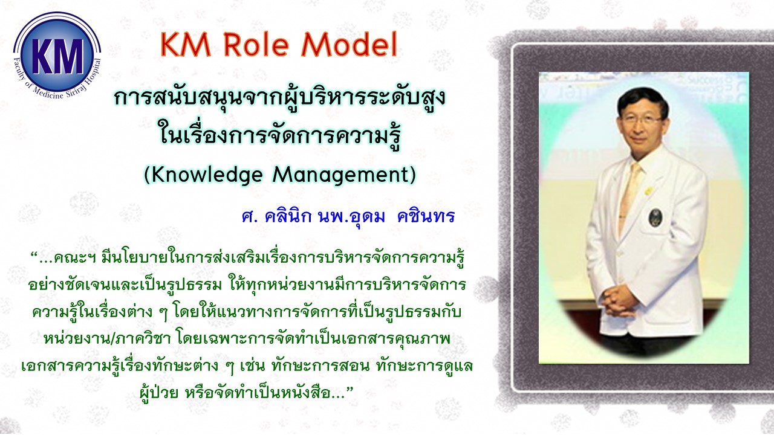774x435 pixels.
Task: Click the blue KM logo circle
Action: click(x=57, y=54)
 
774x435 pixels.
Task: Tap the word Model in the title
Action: click(x=349, y=45)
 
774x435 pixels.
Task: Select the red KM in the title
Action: click(x=186, y=45)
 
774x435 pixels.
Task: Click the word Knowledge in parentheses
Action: click(x=207, y=175)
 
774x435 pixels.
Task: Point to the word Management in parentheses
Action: click(x=340, y=175)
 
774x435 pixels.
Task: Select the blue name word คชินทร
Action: click(x=426, y=217)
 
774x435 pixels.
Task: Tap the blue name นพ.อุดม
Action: click(x=352, y=217)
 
